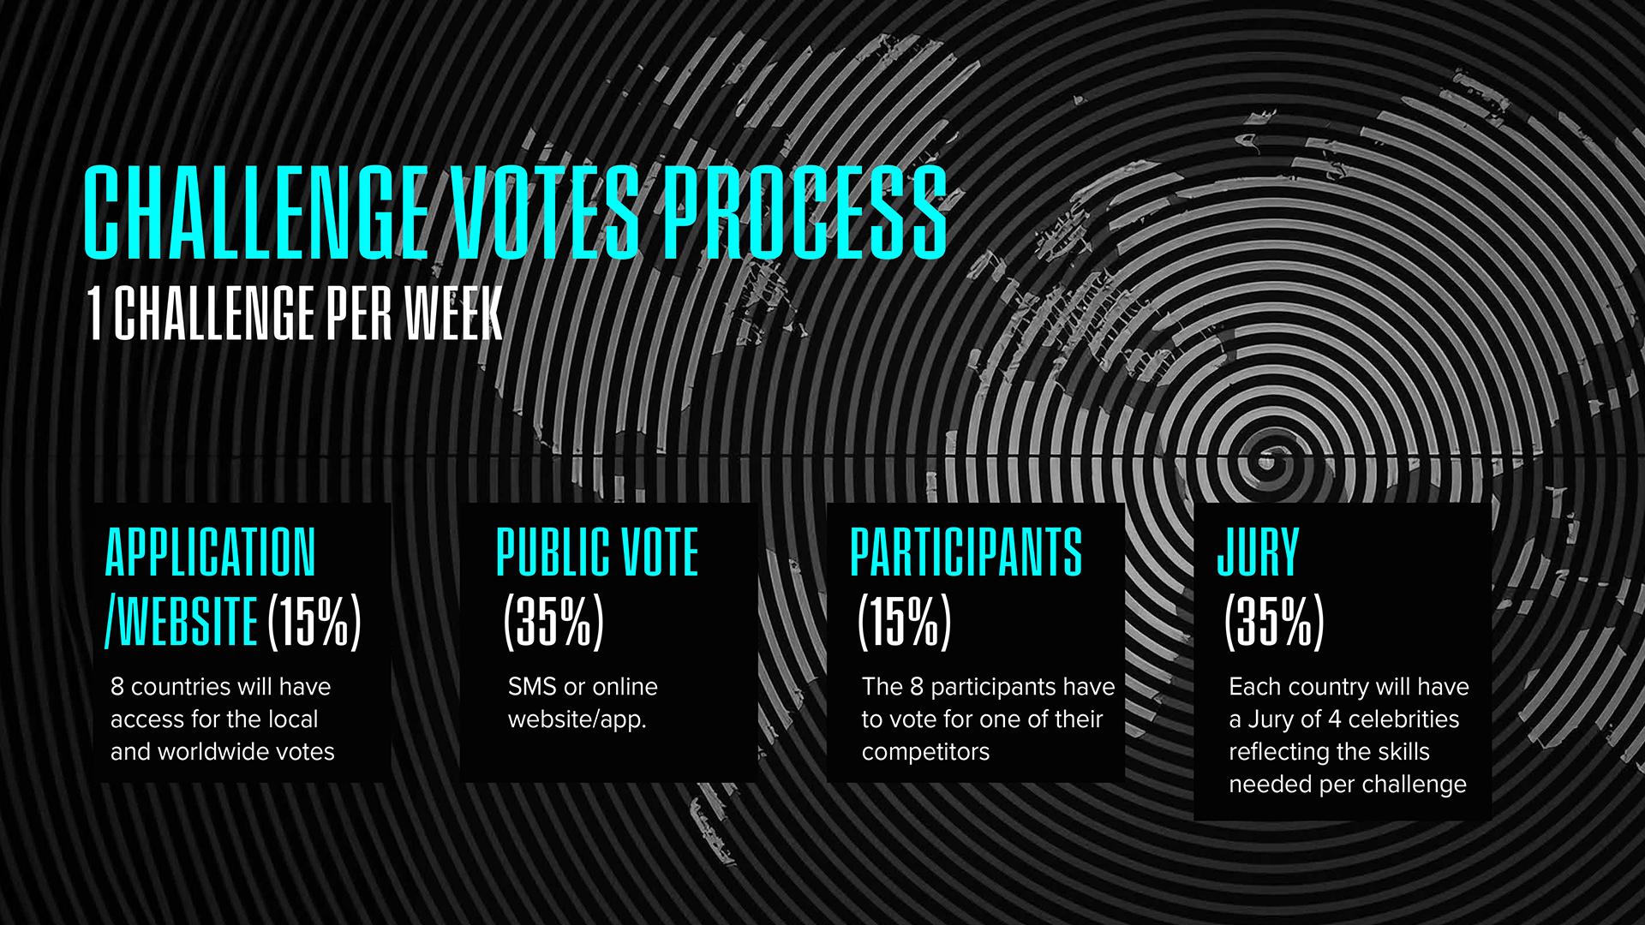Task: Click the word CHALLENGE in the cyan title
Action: point(255,212)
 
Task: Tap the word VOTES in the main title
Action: point(545,212)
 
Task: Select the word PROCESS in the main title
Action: point(805,212)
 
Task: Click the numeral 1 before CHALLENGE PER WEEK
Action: point(95,313)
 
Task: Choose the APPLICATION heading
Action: point(210,552)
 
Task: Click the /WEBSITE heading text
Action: point(181,620)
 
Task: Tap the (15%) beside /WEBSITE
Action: point(314,620)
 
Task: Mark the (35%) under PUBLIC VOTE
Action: point(553,620)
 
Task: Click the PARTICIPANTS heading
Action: point(966,552)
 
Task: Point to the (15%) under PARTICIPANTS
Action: point(905,620)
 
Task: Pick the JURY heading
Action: point(1258,552)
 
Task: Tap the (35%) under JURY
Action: point(1275,620)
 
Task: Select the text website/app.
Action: point(577,720)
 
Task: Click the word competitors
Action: point(925,752)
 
